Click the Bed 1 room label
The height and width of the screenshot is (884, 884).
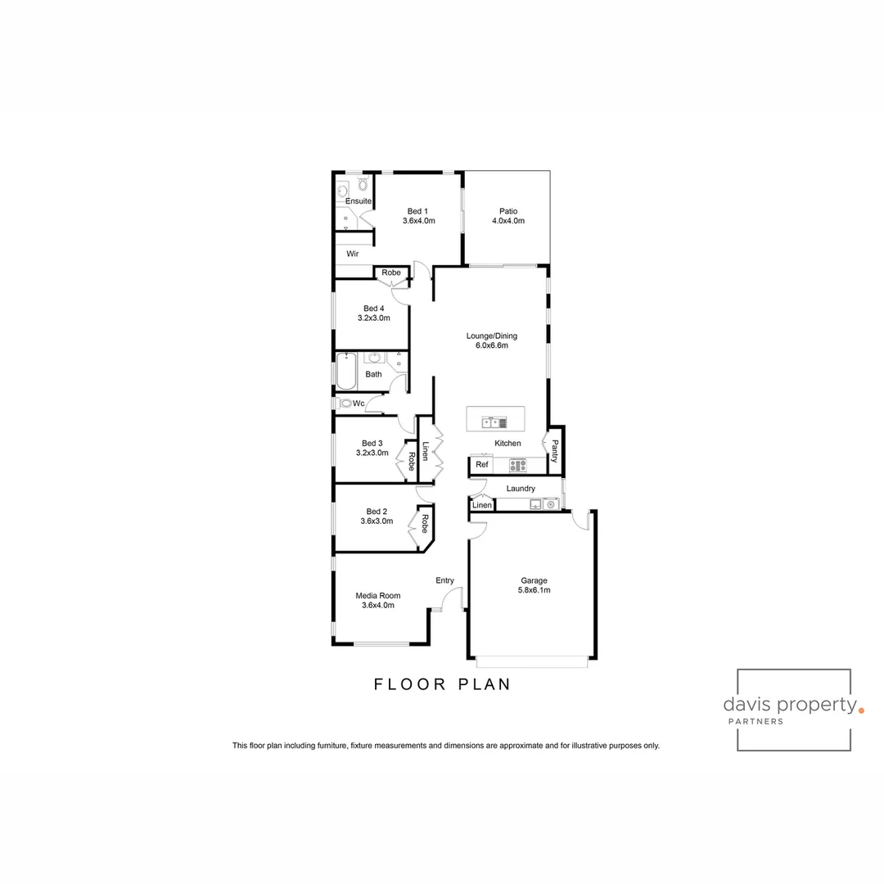(418, 211)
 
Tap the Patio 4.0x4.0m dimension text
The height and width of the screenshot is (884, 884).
(507, 221)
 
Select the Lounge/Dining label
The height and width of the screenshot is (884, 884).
(491, 336)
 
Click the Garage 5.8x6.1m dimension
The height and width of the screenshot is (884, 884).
(534, 590)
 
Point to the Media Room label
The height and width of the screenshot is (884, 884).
(377, 596)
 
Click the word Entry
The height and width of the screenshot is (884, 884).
(444, 580)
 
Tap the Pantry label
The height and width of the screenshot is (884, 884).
(554, 451)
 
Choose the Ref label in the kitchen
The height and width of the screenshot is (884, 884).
(482, 465)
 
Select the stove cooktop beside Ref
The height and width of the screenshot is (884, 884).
(517, 465)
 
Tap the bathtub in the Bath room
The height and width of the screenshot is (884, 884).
(345, 371)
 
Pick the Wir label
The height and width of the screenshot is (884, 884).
(352, 254)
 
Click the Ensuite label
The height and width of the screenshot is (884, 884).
(359, 201)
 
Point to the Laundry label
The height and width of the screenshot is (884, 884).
(521, 489)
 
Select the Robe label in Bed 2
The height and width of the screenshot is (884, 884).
(425, 523)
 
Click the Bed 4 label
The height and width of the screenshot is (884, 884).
(373, 309)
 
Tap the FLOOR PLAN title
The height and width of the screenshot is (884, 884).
(442, 684)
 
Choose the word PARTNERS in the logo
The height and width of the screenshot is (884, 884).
(755, 721)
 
